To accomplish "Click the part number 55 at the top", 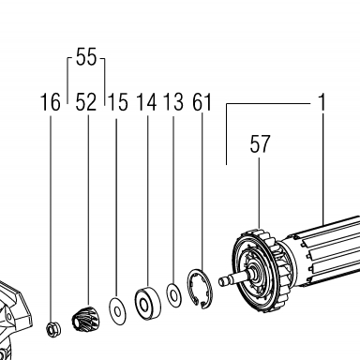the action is tap(86, 57).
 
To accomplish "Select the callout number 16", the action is tap(51, 102).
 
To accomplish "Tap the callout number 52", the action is tap(86, 102).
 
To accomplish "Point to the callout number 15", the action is tap(118, 102).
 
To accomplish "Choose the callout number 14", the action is tap(146, 102).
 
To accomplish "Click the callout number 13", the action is tap(173, 102).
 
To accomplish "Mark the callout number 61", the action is tap(202, 102).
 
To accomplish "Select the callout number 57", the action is tap(260, 144).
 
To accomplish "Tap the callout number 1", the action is tap(322, 102).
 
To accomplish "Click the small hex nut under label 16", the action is tap(53, 329).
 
